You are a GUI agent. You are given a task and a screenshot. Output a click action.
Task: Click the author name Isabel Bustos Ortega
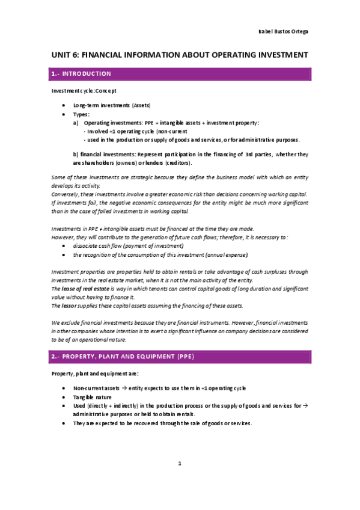pos(284,31)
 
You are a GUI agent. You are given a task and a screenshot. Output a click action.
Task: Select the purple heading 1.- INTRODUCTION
pos(82,74)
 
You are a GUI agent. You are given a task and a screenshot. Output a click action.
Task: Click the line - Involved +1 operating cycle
pos(136,131)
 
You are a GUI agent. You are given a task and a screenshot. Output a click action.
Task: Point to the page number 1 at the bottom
pos(180,463)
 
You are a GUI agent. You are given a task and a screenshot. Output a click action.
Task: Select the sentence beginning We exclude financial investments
pos(180,323)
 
